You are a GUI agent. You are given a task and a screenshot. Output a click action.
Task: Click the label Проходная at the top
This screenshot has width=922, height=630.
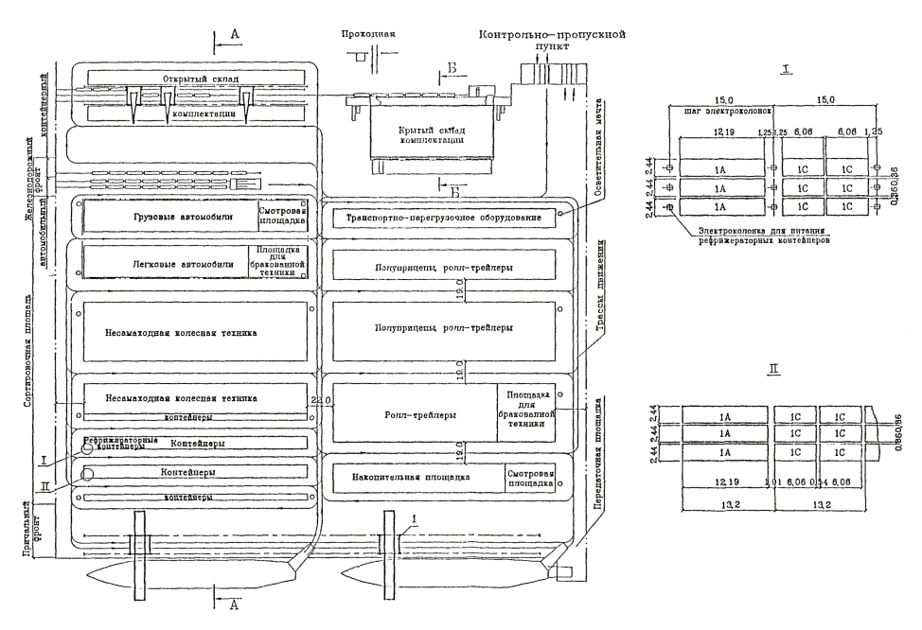pyautogui.click(x=368, y=33)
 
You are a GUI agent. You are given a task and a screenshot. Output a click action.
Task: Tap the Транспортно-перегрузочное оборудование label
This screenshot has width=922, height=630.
pyautogui.click(x=443, y=219)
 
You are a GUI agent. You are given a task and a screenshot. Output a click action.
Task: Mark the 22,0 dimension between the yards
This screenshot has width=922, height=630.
pyautogui.click(x=319, y=401)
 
